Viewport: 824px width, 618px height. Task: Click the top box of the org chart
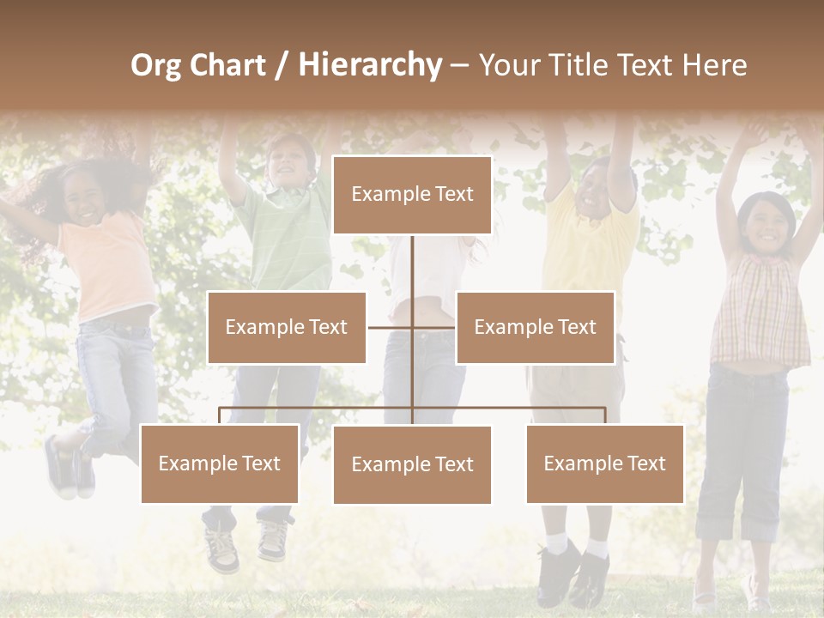point(412,195)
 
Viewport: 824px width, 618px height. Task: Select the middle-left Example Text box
point(287,327)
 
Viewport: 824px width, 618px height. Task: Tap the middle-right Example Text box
point(535,327)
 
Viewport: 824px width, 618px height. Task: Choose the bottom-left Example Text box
point(220,463)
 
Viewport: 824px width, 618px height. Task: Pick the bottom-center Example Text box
point(412,464)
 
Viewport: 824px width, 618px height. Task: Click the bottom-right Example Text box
point(604,463)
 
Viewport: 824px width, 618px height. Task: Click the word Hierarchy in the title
point(370,65)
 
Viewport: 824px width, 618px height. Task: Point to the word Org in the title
point(156,65)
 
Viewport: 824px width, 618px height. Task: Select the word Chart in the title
point(228,65)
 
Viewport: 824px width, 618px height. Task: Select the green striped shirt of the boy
point(288,240)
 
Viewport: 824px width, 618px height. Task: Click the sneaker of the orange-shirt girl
point(62,468)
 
